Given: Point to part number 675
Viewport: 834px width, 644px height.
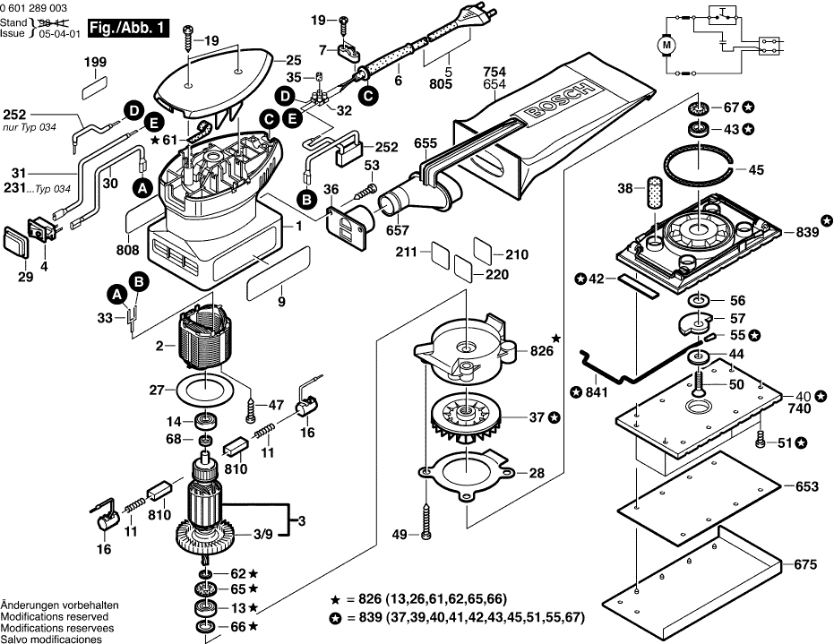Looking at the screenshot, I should coord(805,565).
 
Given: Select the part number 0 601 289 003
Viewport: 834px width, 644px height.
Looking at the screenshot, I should coord(33,6).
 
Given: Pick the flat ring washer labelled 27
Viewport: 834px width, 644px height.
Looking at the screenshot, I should coord(203,390).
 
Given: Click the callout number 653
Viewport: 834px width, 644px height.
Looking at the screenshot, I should coord(806,487).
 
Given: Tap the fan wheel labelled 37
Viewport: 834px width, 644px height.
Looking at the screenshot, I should coord(466,419).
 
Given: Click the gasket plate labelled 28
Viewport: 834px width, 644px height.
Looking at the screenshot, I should coord(466,473).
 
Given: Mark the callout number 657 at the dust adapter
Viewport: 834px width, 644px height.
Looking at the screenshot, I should coord(396,231).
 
